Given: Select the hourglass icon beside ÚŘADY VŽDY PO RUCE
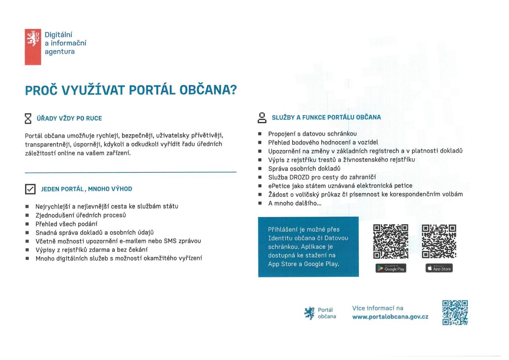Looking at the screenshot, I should pos(28,118).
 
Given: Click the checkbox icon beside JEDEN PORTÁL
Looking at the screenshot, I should pos(30,189).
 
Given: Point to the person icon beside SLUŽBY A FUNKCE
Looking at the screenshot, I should pos(262,117).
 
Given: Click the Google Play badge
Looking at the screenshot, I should pos(391,269).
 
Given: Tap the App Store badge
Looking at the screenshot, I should pos(439,269).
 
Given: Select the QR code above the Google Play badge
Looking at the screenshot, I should pos(391,242).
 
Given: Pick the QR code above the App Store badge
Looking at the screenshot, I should pos(439,242).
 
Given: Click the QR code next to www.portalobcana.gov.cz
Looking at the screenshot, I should pos(455,312).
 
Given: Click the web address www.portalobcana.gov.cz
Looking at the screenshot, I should pos(390,317).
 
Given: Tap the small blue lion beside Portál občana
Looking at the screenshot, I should pos(309,313).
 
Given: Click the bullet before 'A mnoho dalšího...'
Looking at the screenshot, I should pos(260,203).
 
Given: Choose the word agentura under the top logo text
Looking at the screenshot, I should pos(59,51).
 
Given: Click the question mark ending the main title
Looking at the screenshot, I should pos(233,91).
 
